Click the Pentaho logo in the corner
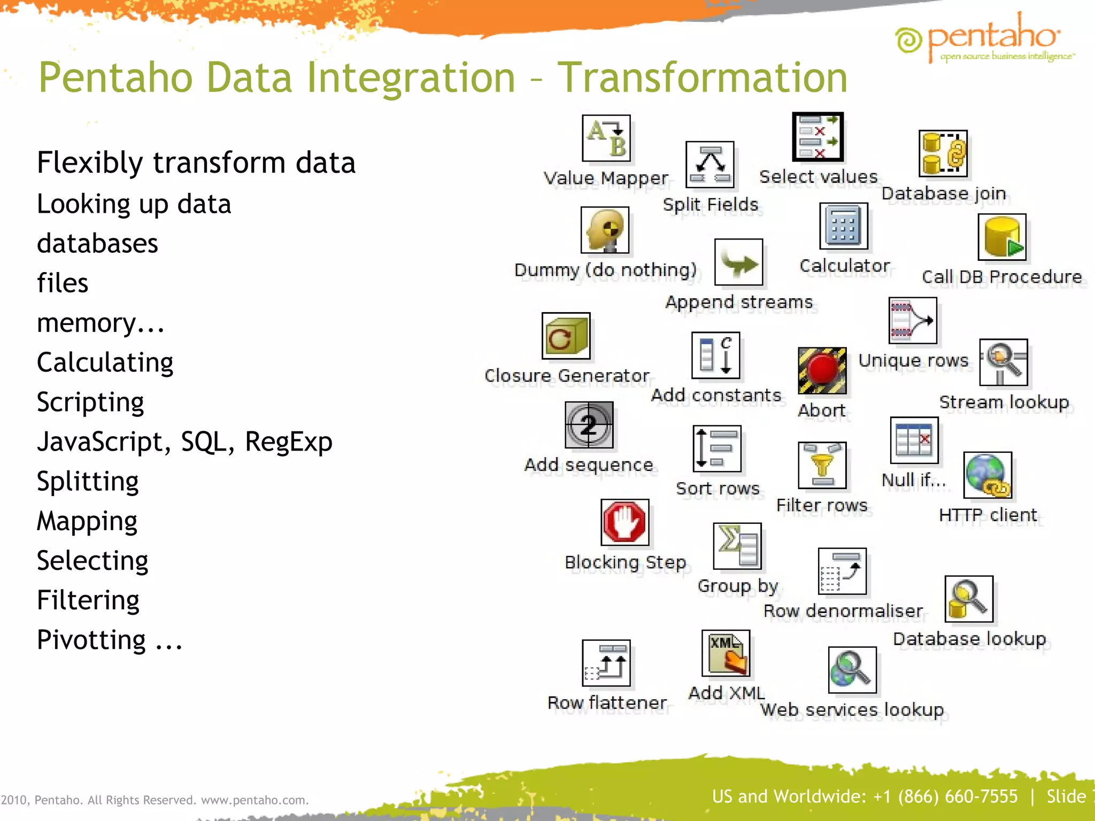pyautogui.click(x=984, y=38)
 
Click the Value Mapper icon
pyautogui.click(x=606, y=138)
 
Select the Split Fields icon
pyautogui.click(x=710, y=165)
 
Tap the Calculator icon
pyautogui.click(x=843, y=226)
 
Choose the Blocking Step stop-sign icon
pyautogui.click(x=624, y=522)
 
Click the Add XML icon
pyautogui.click(x=726, y=653)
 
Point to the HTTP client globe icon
pyautogui.click(x=987, y=475)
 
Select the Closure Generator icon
pyautogui.click(x=566, y=336)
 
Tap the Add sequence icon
pyautogui.click(x=589, y=425)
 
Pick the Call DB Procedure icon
pyautogui.click(x=1001, y=237)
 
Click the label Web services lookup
pyautogui.click(x=852, y=710)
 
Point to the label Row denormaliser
pyautogui.click(x=843, y=611)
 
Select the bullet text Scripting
pyautogui.click(x=90, y=402)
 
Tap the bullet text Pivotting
pyautogui.click(x=91, y=640)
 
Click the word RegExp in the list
pyautogui.click(x=288, y=442)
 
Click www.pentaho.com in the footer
pyautogui.click(x=255, y=800)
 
